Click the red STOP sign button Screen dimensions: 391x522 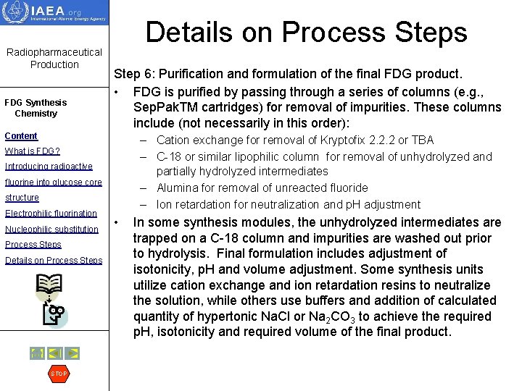(x=58, y=374)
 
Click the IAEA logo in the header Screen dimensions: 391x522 (x=54, y=13)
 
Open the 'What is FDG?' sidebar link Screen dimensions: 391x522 (x=33, y=151)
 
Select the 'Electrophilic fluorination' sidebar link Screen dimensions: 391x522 (x=51, y=213)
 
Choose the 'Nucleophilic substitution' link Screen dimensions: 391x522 (x=51, y=229)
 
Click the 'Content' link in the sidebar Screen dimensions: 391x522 (x=21, y=135)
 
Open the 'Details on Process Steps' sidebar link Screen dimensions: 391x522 (x=54, y=260)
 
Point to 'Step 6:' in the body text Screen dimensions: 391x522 (x=135, y=74)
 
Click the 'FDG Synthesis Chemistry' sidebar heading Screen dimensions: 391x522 (x=36, y=108)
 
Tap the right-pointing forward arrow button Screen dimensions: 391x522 (x=72, y=353)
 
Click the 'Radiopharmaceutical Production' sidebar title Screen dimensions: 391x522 (x=54, y=59)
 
